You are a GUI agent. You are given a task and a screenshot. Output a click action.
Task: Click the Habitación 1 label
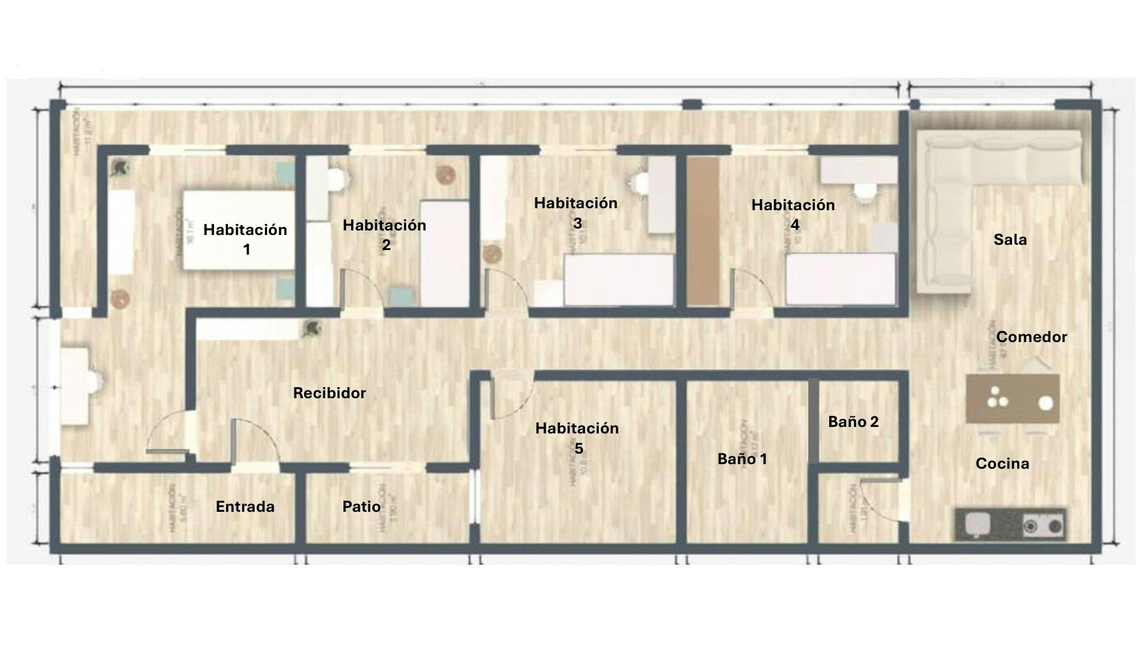(245, 239)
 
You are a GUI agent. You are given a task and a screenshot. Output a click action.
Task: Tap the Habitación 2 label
(385, 234)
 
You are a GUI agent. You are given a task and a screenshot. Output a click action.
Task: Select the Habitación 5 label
(577, 437)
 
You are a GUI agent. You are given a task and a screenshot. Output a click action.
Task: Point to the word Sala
(1010, 240)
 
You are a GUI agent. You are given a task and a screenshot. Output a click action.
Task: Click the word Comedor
(1032, 337)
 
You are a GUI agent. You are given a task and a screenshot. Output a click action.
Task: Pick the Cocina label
(1002, 464)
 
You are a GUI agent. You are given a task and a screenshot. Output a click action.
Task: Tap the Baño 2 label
(853, 422)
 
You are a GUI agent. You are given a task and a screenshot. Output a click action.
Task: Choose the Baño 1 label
(742, 459)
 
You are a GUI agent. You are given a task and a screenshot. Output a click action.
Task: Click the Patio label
(362, 507)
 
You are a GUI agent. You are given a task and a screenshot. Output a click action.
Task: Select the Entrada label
(245, 507)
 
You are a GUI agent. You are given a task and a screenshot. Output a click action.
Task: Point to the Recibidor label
(329, 393)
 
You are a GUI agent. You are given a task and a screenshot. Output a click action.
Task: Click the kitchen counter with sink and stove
(1010, 524)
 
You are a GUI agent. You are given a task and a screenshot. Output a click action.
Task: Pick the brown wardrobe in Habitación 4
(703, 232)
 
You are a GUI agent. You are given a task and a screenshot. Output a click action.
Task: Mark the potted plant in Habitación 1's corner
(119, 168)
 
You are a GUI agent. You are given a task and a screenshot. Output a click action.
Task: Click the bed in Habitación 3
(618, 279)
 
